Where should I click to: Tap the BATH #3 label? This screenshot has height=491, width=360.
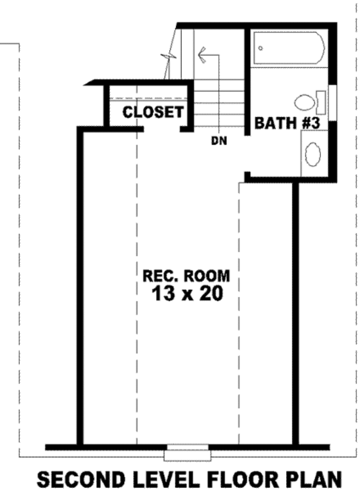pos(289,124)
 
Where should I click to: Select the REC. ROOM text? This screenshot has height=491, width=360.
pos(186,277)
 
